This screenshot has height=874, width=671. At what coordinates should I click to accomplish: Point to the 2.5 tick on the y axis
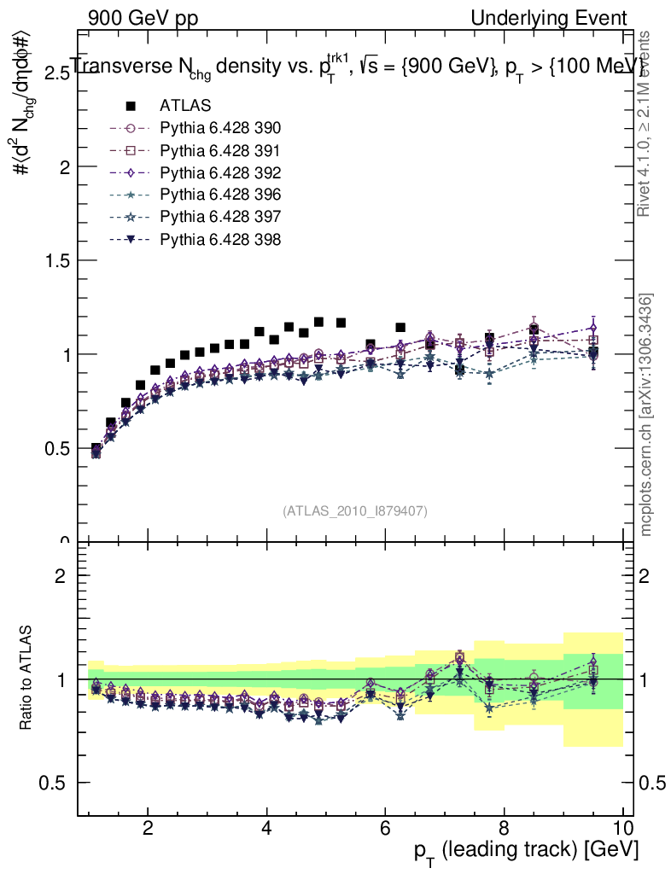(56, 74)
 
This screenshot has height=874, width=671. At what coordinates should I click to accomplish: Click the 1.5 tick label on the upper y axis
(56, 261)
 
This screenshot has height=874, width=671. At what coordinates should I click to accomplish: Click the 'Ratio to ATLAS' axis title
(26, 679)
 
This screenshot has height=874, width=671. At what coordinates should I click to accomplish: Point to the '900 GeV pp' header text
(141, 18)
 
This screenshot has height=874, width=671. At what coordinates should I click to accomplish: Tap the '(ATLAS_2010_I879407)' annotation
(355, 510)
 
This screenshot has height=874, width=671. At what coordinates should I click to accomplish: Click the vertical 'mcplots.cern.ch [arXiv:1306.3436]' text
(646, 416)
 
